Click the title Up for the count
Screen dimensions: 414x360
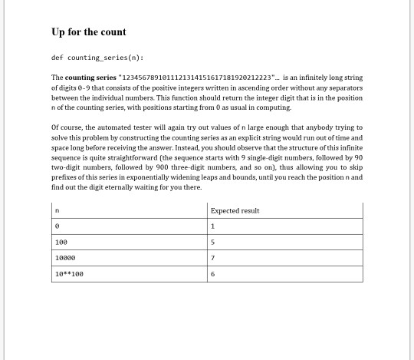[x=89, y=31]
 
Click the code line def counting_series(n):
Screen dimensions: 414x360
[x=97, y=58]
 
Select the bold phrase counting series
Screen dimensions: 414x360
[x=90, y=78]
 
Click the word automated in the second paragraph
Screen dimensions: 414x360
[x=112, y=127]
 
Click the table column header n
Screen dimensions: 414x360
[x=57, y=210]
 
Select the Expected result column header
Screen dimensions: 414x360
[x=235, y=210]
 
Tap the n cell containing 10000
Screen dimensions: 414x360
[x=65, y=258]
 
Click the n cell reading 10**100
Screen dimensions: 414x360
[x=69, y=274]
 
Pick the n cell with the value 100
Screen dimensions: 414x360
[x=61, y=242]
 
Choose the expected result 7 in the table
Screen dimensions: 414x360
[x=212, y=258]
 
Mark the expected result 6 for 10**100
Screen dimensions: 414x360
[x=212, y=274]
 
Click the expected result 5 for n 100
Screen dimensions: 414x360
[x=212, y=242]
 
